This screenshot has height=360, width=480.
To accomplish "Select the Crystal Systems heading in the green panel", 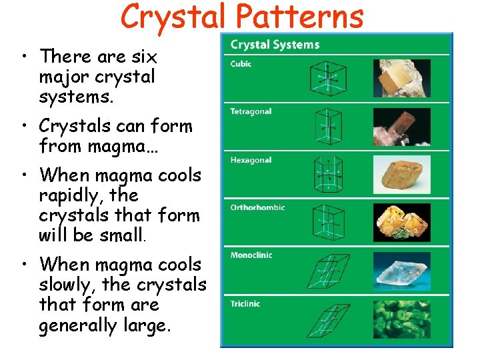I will click(275, 45).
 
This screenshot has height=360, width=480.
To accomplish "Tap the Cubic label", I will click(241, 64).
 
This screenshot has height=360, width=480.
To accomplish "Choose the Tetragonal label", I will click(251, 111).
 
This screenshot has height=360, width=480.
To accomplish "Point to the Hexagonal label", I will click(251, 160).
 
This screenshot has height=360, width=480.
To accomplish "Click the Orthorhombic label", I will click(257, 207).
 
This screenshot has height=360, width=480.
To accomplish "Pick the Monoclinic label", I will click(252, 255).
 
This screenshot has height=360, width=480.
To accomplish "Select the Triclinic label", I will click(245, 303).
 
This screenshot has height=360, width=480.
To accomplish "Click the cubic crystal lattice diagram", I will click(328, 79).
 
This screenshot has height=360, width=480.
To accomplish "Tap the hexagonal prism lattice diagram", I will click(328, 175).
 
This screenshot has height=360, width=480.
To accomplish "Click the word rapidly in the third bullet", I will click(67, 195).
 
